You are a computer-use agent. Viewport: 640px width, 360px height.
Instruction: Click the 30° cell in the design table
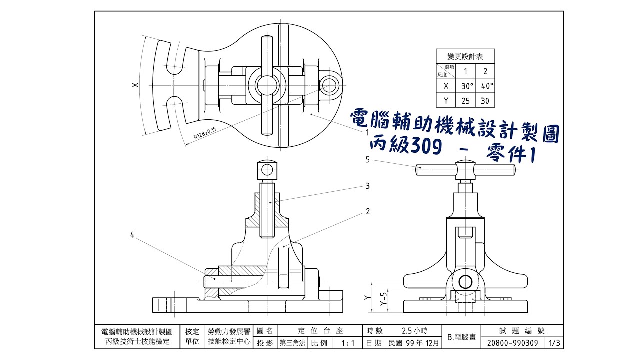coord(467,86)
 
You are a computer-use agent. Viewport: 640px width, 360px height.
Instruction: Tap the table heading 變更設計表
coord(465,56)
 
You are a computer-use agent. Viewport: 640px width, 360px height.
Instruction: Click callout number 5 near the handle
coord(367,160)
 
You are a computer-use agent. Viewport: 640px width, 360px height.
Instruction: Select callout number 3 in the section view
coord(367,186)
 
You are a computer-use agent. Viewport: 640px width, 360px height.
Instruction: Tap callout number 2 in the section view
coord(367,211)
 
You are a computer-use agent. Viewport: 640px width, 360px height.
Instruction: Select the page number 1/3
coord(554,343)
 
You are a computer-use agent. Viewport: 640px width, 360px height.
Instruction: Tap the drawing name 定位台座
coord(320,331)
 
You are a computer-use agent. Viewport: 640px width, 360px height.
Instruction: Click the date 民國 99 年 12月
coord(414,343)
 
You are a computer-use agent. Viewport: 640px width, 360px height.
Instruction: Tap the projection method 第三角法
coord(293,343)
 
